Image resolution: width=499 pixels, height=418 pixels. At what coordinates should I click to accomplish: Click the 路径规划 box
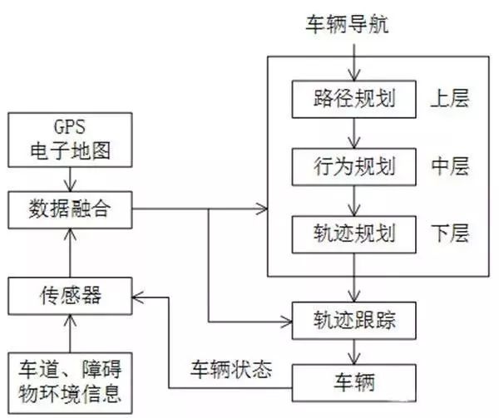tap(354, 99)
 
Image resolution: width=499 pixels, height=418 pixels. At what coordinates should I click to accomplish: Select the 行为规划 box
tap(354, 166)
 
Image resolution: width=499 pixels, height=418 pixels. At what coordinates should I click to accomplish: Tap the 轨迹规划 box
tap(354, 234)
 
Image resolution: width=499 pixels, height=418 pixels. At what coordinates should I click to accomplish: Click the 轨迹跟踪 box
tap(354, 321)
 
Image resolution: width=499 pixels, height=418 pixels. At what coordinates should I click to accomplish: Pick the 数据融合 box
tap(70, 209)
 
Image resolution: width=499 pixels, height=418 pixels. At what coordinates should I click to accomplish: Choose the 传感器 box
tap(70, 296)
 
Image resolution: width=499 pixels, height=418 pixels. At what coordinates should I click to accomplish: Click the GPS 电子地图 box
tap(70, 140)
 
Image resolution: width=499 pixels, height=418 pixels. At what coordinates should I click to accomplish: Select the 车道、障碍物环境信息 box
tap(70, 383)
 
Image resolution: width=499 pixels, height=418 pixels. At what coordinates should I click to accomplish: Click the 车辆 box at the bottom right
tap(354, 383)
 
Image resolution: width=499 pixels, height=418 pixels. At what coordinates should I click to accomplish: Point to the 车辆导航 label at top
tap(347, 24)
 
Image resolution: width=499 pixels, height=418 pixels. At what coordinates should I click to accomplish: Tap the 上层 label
tap(450, 99)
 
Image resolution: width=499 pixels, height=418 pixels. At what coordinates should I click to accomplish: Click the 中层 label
tap(450, 166)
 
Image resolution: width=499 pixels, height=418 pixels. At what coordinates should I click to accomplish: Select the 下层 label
tap(450, 234)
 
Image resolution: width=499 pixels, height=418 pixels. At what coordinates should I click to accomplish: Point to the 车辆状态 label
tap(231, 369)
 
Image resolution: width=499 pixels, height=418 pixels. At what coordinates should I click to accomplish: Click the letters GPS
tap(70, 127)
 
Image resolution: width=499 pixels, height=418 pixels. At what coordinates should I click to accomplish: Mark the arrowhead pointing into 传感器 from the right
tap(136, 298)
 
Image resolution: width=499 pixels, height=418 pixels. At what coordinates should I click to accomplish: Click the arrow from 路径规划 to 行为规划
tap(354, 133)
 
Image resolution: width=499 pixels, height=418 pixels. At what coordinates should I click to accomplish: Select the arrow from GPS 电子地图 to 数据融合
tap(70, 179)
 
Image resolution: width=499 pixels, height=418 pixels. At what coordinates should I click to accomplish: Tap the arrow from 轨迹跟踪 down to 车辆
tap(354, 352)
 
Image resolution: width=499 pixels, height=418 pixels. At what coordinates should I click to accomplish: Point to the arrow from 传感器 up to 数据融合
tap(70, 253)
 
